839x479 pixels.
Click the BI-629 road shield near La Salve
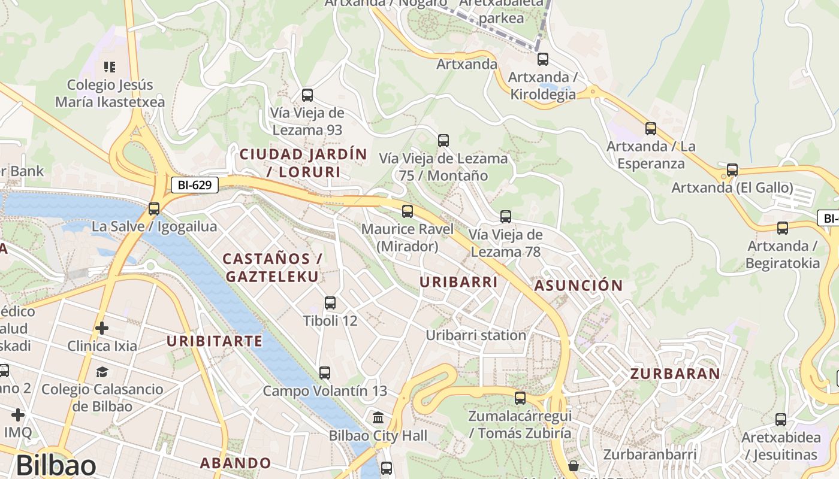point(195,185)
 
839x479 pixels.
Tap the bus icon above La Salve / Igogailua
point(154,209)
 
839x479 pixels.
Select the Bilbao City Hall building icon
point(378,417)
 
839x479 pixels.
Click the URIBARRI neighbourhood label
point(458,282)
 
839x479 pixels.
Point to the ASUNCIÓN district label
point(578,286)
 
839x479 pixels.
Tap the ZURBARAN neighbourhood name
point(675,374)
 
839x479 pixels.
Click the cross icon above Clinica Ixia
point(102,328)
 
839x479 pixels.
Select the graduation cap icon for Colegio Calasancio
point(102,372)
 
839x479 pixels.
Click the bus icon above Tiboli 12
point(330,303)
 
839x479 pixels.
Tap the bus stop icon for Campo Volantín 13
point(325,373)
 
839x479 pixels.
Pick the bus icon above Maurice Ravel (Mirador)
point(408,211)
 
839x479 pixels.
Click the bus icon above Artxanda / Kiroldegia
point(542,59)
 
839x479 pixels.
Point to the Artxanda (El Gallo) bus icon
point(732,170)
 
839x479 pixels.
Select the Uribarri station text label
point(476,335)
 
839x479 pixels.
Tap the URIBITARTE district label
point(215,342)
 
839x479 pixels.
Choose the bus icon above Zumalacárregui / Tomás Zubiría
point(520,398)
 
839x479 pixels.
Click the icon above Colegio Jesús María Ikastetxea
point(109,66)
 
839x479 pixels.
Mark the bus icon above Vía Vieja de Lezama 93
point(307,95)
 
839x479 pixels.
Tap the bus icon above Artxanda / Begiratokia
point(782,228)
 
